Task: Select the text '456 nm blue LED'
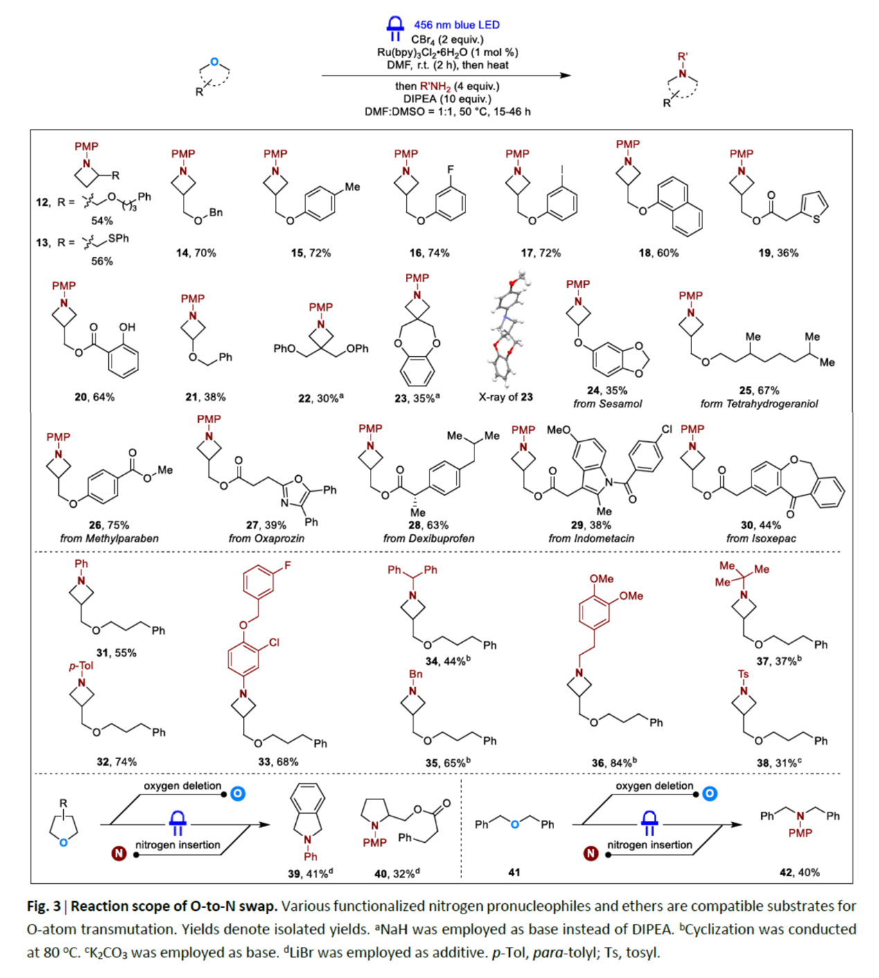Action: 456,25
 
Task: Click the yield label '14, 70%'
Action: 196,253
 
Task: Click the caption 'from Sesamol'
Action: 607,404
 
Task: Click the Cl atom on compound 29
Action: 666,429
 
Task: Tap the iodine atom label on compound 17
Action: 562,169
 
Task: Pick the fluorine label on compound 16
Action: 450,169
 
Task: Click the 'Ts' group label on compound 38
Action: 743,674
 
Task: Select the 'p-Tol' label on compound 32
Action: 81,666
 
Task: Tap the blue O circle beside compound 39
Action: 238,793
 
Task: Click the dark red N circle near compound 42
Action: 591,853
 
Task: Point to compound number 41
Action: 514,873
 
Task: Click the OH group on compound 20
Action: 127,327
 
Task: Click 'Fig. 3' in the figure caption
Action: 44,906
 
